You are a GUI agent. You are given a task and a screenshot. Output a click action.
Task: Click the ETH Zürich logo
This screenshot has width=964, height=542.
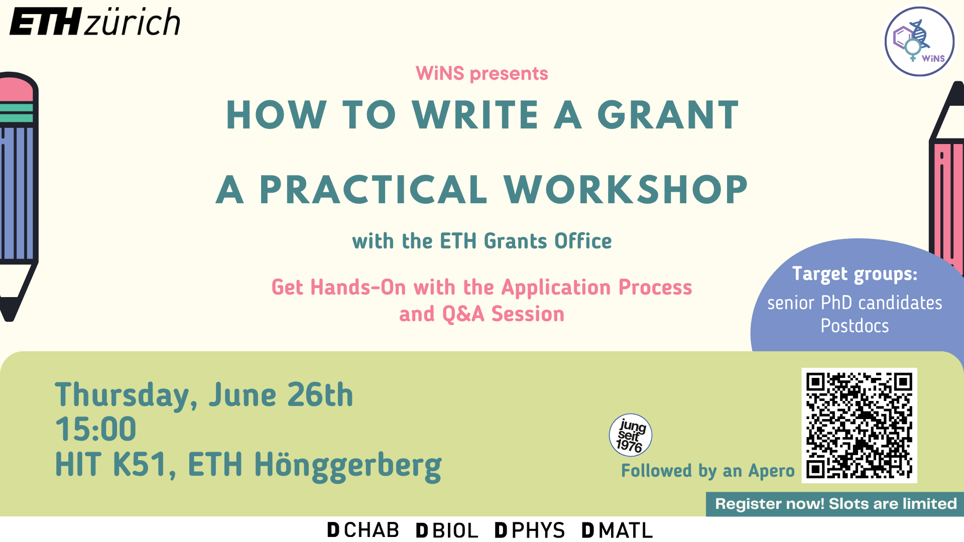coord(95,22)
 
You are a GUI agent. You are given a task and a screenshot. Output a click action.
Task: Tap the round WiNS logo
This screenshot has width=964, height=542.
coord(919,42)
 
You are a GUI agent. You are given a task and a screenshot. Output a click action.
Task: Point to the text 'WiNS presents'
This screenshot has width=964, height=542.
coord(482,74)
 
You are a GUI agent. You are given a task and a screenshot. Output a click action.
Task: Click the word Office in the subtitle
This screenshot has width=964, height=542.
coord(583,241)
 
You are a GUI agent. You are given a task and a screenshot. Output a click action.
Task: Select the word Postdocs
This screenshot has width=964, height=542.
coord(855,326)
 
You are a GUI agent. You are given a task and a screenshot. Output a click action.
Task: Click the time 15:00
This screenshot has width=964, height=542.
coord(95,429)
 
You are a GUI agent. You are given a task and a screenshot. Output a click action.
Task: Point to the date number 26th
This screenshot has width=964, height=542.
coord(320,394)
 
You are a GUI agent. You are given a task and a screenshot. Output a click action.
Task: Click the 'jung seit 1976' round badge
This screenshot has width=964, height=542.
coord(631,435)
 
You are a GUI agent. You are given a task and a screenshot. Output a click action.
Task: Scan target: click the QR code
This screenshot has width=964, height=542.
coord(859,426)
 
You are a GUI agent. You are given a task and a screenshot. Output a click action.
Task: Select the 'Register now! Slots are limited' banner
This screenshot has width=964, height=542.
coord(835,504)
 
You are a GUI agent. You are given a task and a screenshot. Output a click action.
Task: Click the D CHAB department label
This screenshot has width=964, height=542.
coord(363,530)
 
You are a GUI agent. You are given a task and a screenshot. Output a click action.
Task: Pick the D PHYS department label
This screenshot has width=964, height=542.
coord(530,530)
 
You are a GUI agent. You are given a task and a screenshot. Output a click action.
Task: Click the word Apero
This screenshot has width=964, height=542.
coord(772,471)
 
